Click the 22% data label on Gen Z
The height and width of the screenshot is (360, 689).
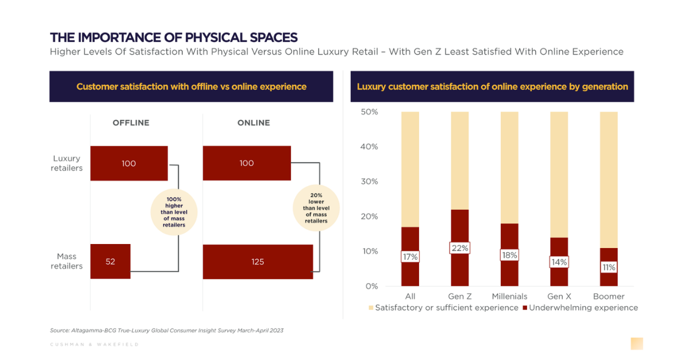click(x=460, y=248)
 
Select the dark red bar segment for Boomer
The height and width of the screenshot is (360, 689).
click(x=609, y=276)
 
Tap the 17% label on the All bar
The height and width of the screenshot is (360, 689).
click(x=410, y=257)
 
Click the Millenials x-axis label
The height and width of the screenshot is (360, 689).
click(x=509, y=296)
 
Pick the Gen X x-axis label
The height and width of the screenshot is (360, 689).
click(x=559, y=296)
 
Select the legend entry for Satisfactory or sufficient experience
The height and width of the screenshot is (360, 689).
click(x=443, y=308)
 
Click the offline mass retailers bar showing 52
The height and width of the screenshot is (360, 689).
click(x=110, y=261)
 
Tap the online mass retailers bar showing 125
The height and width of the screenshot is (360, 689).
click(x=258, y=262)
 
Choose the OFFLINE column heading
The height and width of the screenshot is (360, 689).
click(x=130, y=123)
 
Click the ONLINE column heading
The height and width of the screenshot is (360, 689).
click(x=253, y=123)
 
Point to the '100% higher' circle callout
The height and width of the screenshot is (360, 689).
click(x=173, y=212)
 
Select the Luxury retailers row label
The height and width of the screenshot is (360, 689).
click(x=67, y=163)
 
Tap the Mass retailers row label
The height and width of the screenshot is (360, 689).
click(x=67, y=261)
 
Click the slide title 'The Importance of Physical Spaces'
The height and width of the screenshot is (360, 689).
click(x=173, y=38)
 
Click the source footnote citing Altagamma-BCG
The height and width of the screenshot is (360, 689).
click(x=167, y=331)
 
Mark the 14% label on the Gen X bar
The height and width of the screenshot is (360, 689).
click(x=559, y=262)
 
